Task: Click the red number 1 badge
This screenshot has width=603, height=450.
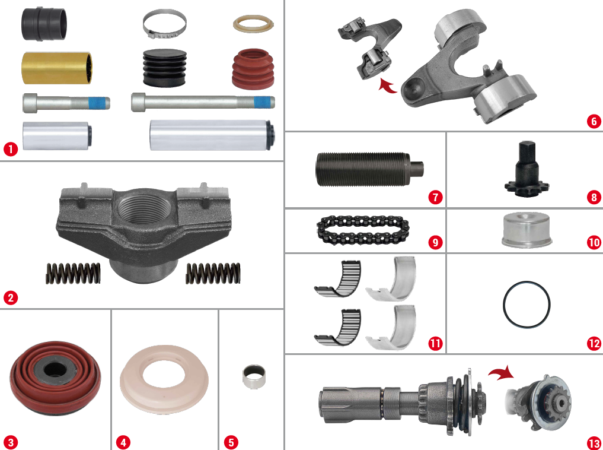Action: [11, 149]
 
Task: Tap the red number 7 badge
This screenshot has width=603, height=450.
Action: [435, 198]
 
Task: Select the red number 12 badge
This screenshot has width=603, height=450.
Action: [594, 343]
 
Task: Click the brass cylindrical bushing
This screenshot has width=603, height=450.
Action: [57, 68]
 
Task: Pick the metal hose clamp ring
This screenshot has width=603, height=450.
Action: [165, 24]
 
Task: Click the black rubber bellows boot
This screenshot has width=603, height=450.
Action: [165, 67]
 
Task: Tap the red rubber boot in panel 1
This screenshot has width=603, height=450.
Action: [253, 68]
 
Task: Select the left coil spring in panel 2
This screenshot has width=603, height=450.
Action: [73, 273]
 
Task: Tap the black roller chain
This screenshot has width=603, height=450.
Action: [363, 230]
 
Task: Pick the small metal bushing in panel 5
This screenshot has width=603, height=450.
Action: [254, 377]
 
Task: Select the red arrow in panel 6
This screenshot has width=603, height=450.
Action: [388, 85]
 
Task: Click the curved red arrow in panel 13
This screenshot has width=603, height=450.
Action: [502, 373]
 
